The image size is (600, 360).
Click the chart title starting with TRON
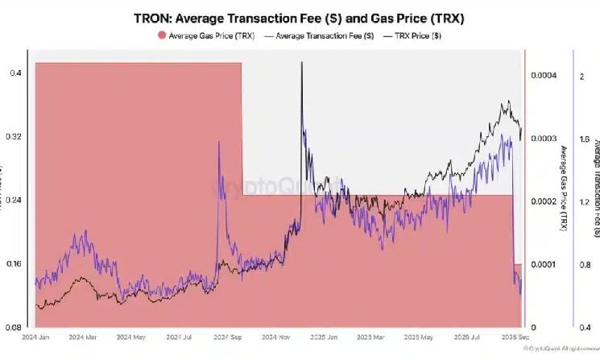(300, 16)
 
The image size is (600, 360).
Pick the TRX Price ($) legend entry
(413, 35)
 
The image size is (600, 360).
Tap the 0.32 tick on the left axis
(14, 137)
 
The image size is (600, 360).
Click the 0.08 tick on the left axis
(14, 328)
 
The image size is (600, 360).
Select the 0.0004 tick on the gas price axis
(544, 76)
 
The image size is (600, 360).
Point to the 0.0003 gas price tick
(544, 139)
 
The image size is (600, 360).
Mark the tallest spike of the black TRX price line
(301, 62)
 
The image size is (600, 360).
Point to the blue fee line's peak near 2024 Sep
(219, 142)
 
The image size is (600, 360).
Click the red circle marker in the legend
(161, 35)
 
